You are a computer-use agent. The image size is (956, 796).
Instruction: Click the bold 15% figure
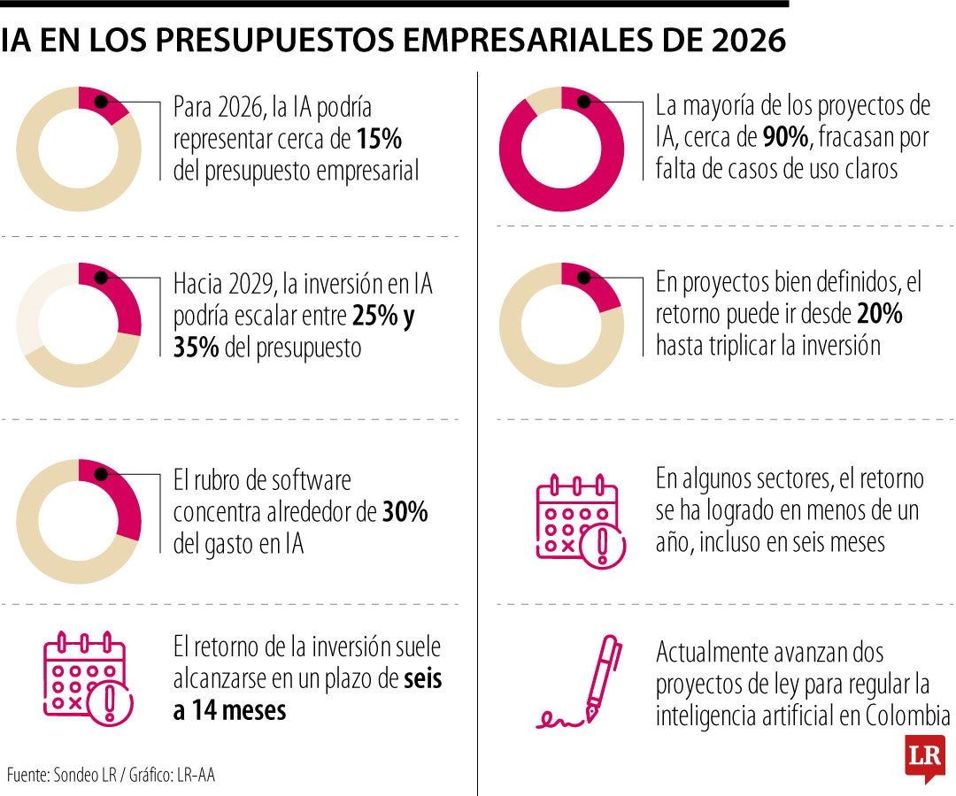coord(381,140)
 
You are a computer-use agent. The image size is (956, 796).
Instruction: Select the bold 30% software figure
coord(405,513)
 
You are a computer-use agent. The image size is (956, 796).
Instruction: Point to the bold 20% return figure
coord(879,314)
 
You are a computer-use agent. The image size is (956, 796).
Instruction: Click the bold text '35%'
coord(196,348)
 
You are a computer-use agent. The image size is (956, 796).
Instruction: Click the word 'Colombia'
coord(906,716)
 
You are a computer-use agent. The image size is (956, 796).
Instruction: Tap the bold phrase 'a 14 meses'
coord(230,710)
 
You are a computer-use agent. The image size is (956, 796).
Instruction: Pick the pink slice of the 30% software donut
coord(124,500)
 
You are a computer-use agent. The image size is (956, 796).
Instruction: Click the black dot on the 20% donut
coord(584,278)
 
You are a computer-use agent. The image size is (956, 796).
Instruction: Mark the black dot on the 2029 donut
coord(101,278)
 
